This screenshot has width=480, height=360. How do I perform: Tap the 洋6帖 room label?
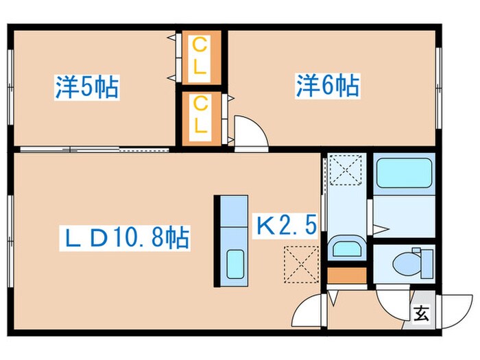tap(328, 86)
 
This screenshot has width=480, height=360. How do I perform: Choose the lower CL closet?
tap(200, 116)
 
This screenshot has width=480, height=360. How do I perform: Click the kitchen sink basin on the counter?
tap(235, 262)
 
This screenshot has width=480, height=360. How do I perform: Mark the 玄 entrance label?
tap(420, 315)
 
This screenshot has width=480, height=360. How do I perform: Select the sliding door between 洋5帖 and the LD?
tap(96, 148)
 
